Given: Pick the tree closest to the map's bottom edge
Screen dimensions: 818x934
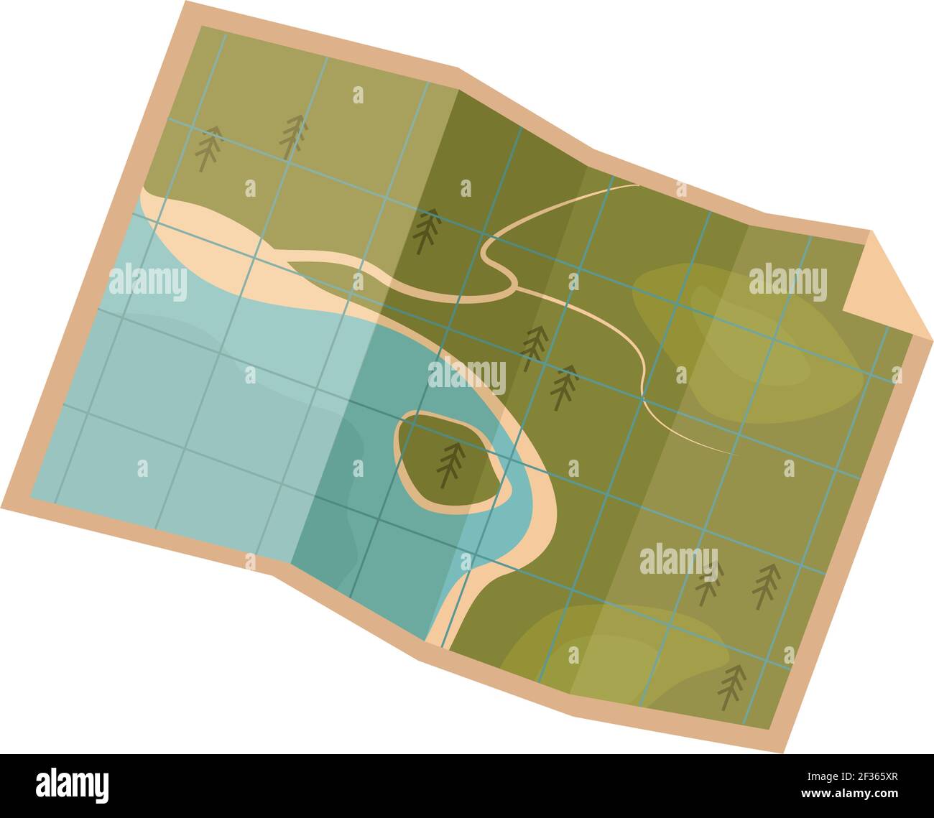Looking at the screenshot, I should pyautogui.click(x=732, y=687).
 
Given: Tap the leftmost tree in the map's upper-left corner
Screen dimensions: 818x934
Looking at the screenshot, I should pyautogui.click(x=208, y=147).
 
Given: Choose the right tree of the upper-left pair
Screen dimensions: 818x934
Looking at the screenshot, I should pyautogui.click(x=292, y=136).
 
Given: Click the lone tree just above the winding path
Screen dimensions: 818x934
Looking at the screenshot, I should pyautogui.click(x=427, y=231).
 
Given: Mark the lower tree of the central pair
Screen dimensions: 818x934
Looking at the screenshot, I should pyautogui.click(x=564, y=386).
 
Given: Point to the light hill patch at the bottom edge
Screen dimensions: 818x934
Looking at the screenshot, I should pyautogui.click(x=618, y=650).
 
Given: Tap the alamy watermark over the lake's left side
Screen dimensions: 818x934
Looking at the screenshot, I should pyautogui.click(x=148, y=281).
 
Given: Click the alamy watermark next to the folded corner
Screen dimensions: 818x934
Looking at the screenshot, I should pyautogui.click(x=787, y=281).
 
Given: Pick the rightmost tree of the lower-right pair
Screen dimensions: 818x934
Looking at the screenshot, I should pyautogui.click(x=766, y=585).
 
